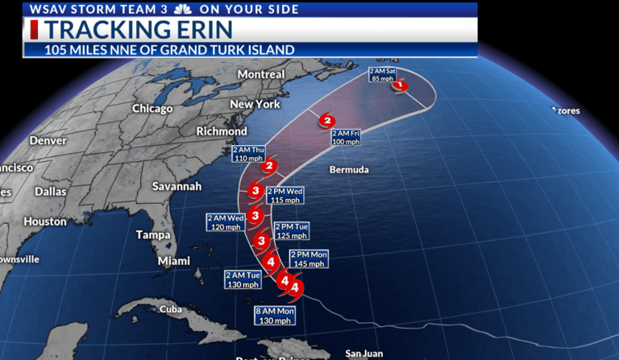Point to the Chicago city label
pyautogui.click(x=152, y=108)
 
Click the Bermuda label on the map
pyautogui.click(x=349, y=170)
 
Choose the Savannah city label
pyautogui.click(x=177, y=186)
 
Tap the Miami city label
pyautogui.click(x=174, y=261)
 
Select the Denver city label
pyautogui.click(x=48, y=140)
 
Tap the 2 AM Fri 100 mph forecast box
pyautogui.click(x=345, y=137)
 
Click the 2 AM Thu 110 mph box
pyautogui.click(x=248, y=154)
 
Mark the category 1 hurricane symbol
pyautogui.click(x=401, y=85)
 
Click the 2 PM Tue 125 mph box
pyautogui.click(x=292, y=231)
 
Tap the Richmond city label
pyautogui.click(x=222, y=131)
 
